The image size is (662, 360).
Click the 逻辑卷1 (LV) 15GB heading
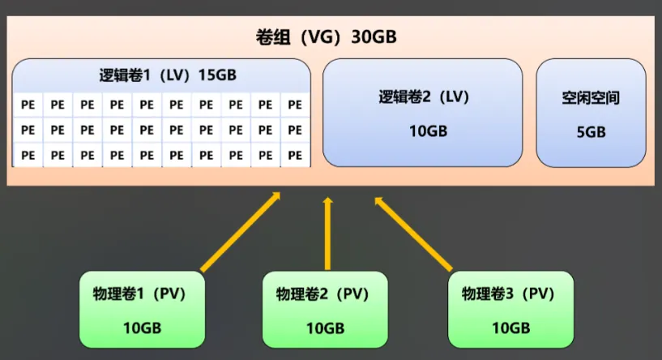(163, 75)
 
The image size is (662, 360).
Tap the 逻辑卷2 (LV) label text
(424, 97)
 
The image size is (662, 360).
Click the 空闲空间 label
(591, 98)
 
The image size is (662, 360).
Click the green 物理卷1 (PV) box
(141, 309)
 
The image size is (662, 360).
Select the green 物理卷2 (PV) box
(325, 309)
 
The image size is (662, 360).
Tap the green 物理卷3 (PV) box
(510, 309)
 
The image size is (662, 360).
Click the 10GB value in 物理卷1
(141, 328)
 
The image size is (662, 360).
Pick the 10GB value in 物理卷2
(325, 328)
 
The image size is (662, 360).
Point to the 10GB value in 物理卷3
(510, 328)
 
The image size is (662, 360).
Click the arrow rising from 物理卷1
(240, 232)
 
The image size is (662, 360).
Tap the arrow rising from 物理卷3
(413, 234)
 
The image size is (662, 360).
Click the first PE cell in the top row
(28, 105)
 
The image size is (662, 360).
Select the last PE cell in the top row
(295, 105)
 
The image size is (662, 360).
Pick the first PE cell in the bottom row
(28, 154)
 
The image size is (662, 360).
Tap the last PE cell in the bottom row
(295, 154)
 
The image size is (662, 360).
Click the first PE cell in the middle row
(28, 129)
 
